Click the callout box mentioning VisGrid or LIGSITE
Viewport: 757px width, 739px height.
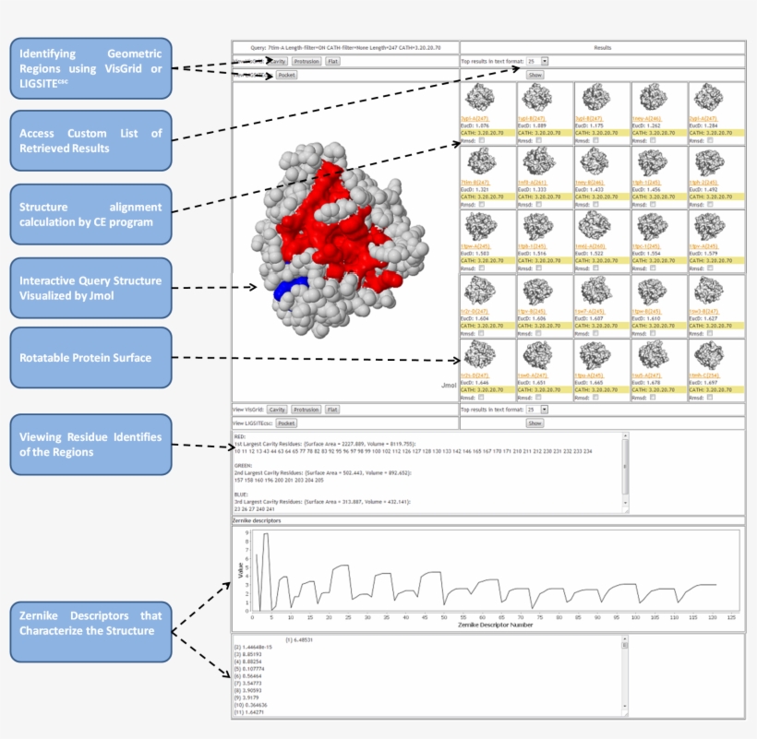click(x=90, y=67)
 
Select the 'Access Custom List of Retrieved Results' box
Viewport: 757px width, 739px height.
click(x=90, y=140)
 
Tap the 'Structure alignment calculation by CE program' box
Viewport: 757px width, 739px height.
click(x=90, y=214)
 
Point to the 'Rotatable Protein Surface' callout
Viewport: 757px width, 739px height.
click(x=90, y=357)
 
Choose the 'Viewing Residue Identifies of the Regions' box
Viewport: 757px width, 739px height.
click(x=90, y=444)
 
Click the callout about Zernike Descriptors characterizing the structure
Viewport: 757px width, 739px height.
click(x=90, y=623)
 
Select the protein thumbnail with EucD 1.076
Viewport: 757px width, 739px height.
click(x=480, y=99)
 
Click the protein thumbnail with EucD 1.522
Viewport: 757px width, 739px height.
click(x=594, y=227)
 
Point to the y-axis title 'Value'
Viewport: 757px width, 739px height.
click(x=242, y=572)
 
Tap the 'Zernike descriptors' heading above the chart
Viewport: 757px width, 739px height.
click(x=258, y=521)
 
